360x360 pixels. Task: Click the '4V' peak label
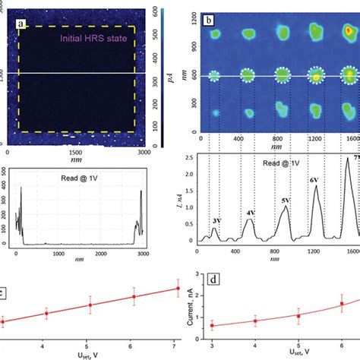click(250, 213)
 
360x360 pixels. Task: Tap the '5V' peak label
click(286, 201)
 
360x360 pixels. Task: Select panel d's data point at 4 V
click(254, 321)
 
